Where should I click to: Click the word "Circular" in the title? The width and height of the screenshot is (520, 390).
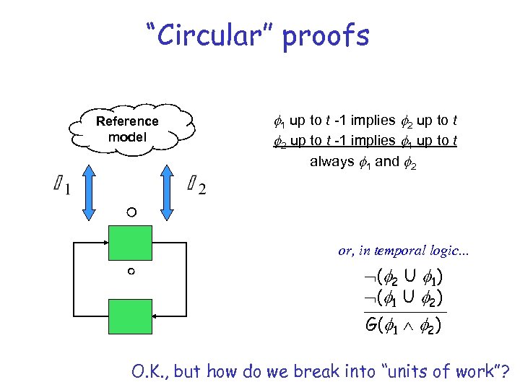tap(210, 35)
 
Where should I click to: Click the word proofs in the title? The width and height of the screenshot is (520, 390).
tap(326, 36)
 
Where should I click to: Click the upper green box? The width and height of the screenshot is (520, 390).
tap(130, 243)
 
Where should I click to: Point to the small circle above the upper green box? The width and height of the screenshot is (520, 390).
tap(130, 212)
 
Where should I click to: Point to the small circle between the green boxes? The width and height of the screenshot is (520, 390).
tap(131, 272)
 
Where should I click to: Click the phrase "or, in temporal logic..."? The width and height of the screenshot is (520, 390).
tap(403, 251)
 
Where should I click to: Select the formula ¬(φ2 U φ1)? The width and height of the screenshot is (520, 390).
tap(403, 277)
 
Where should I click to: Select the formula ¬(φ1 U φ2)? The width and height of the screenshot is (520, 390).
tap(403, 297)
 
